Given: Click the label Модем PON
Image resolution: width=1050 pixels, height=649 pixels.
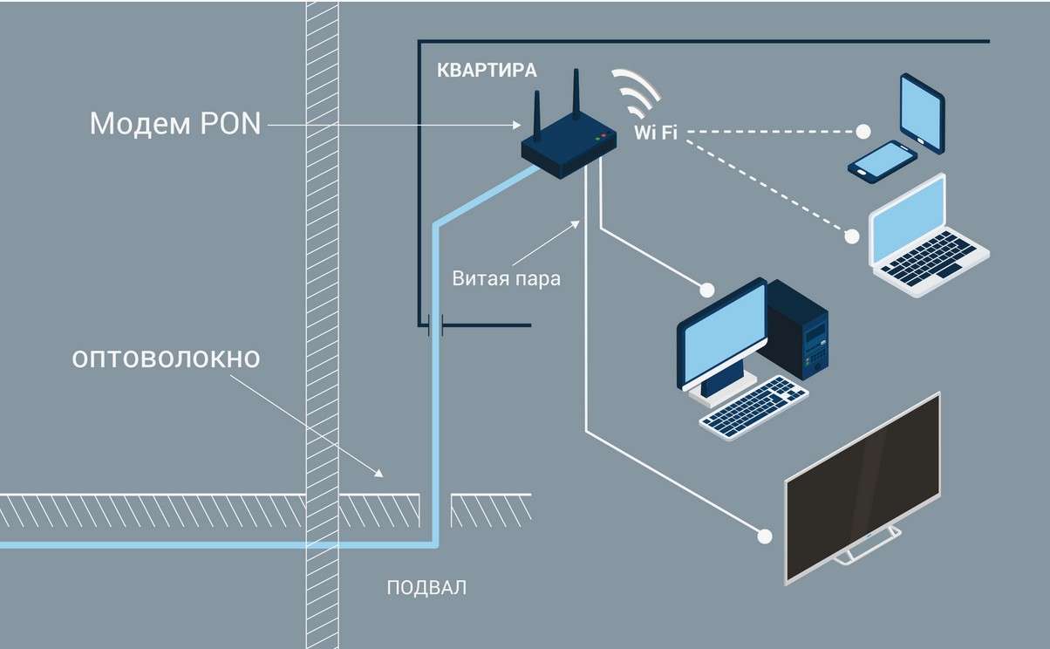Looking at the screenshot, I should (175, 124).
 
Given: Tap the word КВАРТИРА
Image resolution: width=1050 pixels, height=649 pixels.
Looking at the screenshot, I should (487, 71).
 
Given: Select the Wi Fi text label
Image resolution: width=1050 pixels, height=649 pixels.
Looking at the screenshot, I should (655, 133).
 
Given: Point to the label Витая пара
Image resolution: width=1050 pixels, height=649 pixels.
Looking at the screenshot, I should (506, 280).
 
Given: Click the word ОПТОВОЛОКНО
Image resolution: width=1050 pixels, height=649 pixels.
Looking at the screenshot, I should (166, 359).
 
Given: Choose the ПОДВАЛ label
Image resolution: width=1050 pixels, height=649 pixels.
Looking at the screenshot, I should (426, 587).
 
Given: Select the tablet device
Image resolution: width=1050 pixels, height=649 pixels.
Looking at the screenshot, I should (923, 113).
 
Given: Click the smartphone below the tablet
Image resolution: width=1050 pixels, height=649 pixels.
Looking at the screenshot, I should (883, 161).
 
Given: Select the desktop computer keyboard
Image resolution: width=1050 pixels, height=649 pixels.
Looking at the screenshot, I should (753, 407).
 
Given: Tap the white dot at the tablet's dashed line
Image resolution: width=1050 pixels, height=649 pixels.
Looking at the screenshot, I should (862, 132).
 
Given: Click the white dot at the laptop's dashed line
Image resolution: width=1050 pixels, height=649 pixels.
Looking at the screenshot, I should (852, 236).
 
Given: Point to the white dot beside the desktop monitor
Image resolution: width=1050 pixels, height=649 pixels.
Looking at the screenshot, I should (707, 288).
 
